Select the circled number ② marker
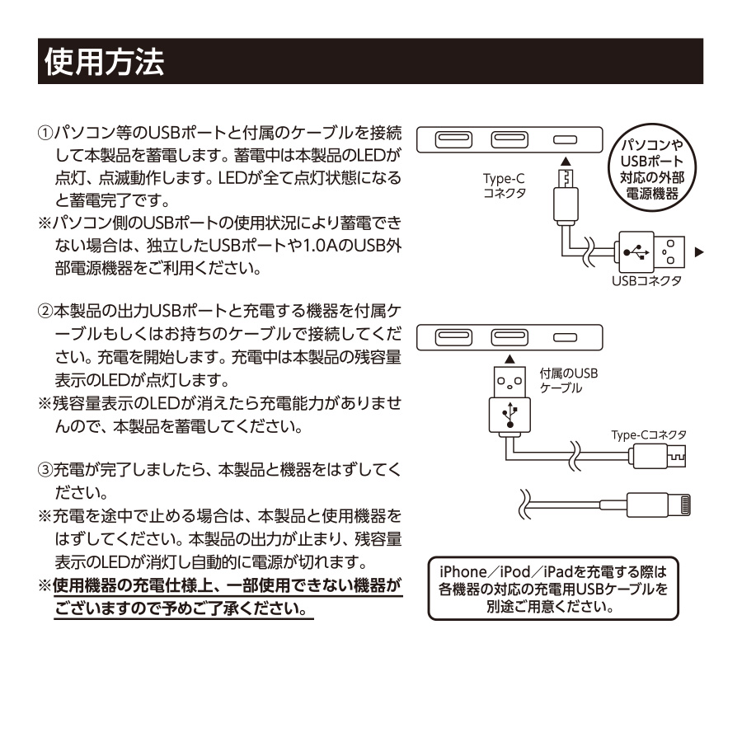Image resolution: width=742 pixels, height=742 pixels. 46,312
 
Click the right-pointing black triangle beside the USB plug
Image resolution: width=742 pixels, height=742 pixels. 700,251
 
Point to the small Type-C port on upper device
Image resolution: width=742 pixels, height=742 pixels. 564,139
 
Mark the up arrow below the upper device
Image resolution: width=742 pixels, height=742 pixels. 564,163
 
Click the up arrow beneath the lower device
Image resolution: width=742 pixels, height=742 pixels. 509,359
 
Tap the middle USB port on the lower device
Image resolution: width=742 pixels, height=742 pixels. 509,336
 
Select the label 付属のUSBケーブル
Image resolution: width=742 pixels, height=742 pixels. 568,380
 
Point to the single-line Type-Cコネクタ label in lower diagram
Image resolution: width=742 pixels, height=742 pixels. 649,434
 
